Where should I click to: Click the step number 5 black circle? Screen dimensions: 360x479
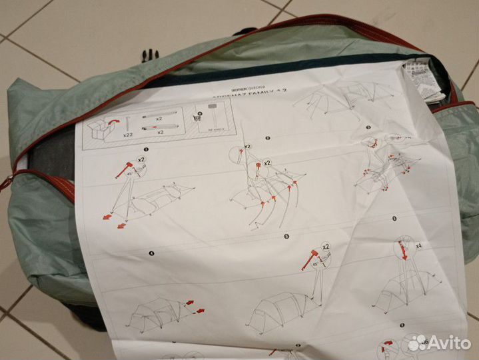click(x=285, y=235)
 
